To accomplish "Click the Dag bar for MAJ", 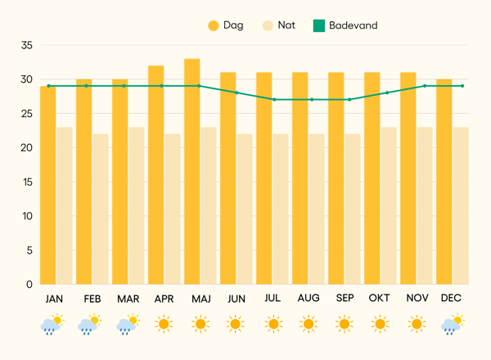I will [x=192, y=172].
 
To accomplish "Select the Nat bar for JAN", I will [x=65, y=205].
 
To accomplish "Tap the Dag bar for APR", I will [x=156, y=175].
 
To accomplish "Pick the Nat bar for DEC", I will [x=461, y=205].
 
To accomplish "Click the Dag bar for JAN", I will [x=48, y=185].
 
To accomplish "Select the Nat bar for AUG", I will [x=317, y=209].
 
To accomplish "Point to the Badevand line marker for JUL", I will [x=274, y=100].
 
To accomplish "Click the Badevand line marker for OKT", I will [x=387, y=92].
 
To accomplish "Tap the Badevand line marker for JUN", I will [x=236, y=92].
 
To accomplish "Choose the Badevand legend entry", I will [x=345, y=25].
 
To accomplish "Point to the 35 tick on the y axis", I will [x=27, y=45].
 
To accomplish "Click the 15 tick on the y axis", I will [x=27, y=182].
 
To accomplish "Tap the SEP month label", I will [x=345, y=299].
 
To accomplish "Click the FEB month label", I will [x=92, y=299].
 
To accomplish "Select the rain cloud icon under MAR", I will [x=127, y=325].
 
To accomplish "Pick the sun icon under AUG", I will [x=309, y=325].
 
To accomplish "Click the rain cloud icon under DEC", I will [x=451, y=325].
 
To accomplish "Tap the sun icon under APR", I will [x=164, y=325].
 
